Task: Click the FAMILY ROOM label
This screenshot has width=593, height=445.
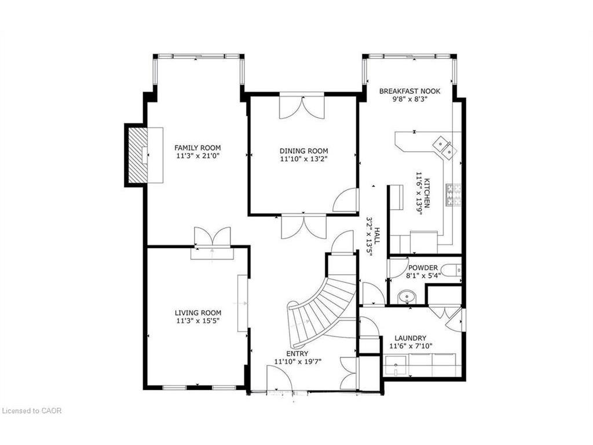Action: coord(197,148)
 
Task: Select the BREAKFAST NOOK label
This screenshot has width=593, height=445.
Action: coord(409,91)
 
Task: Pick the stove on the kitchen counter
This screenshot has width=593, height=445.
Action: coord(453,194)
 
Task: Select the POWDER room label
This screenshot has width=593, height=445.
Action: coord(423,268)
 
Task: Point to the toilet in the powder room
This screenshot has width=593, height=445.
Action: coord(452,269)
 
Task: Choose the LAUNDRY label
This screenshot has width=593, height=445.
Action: coord(410,338)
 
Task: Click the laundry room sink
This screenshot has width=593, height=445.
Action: coord(396,366)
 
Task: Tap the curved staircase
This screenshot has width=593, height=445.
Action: coord(321,304)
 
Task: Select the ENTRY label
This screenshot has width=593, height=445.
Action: coord(297,353)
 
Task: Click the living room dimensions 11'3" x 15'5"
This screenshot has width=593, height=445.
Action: coord(197,320)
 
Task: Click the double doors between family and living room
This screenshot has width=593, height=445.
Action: coord(212,238)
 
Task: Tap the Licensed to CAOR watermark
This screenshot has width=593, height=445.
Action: coord(32,411)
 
